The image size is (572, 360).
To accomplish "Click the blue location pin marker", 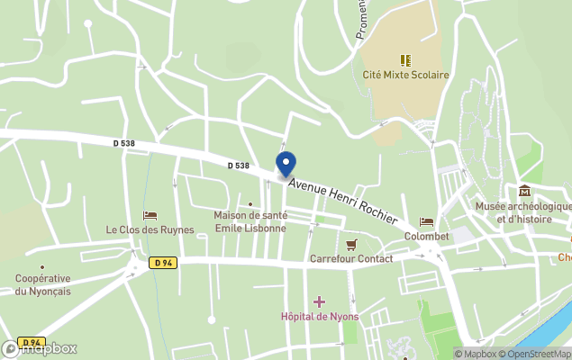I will point(286,165).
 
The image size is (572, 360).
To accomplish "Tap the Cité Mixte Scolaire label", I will point(405,76).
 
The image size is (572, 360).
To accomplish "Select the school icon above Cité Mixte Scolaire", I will point(405,60).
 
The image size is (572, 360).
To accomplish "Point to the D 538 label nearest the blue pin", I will point(238,166).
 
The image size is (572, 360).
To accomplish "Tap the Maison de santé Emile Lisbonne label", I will point(250,221).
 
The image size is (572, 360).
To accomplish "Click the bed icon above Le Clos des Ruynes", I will point(150,215).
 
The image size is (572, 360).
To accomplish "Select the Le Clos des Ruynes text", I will point(150,229).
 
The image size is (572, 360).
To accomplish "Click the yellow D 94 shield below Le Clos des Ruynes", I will point(162,263).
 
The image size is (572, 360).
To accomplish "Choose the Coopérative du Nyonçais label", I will point(42,284).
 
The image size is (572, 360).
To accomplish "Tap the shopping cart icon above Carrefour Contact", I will point(351,244).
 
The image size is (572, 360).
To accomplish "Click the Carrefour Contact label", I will point(351,259).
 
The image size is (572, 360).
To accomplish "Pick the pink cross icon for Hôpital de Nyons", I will point(319,301).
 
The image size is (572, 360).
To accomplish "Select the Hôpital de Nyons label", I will point(319,317).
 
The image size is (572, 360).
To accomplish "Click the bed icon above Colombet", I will point(426,221).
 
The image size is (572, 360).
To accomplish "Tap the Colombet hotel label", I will point(426,236).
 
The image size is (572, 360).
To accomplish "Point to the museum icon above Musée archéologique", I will point(524,191).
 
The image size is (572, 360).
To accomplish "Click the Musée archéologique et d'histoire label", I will point(523,212).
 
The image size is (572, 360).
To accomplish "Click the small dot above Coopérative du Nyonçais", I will point(42,266).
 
